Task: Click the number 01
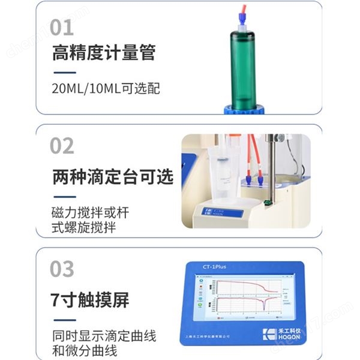(62, 27)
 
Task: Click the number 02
(62, 146)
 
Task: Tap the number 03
(62, 269)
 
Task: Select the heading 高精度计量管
(103, 53)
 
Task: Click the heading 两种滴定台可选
(112, 178)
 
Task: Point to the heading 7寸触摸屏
(90, 300)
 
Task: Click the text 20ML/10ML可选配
(106, 89)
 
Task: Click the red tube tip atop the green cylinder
(242, 10)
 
